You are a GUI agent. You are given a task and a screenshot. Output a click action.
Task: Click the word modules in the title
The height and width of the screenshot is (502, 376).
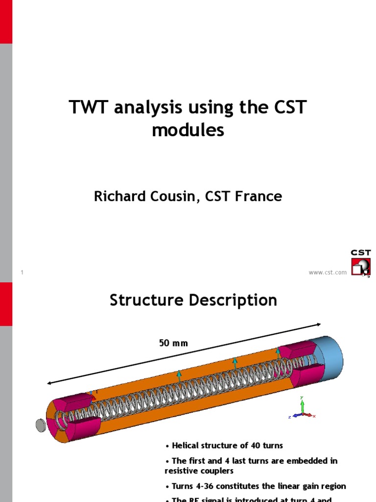188,130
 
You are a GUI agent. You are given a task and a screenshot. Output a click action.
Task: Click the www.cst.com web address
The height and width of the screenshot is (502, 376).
328,273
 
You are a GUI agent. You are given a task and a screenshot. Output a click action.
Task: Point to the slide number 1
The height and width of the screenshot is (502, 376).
23,273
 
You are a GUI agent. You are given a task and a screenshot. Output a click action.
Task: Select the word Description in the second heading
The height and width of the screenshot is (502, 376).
236,300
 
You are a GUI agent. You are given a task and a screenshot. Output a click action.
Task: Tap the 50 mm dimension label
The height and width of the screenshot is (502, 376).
173,343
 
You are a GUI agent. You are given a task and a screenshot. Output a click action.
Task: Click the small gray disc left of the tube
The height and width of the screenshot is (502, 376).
41,425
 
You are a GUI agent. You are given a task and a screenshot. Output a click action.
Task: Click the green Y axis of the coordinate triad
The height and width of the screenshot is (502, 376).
303,404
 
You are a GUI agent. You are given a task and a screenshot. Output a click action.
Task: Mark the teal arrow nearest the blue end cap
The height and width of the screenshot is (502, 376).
279,352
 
